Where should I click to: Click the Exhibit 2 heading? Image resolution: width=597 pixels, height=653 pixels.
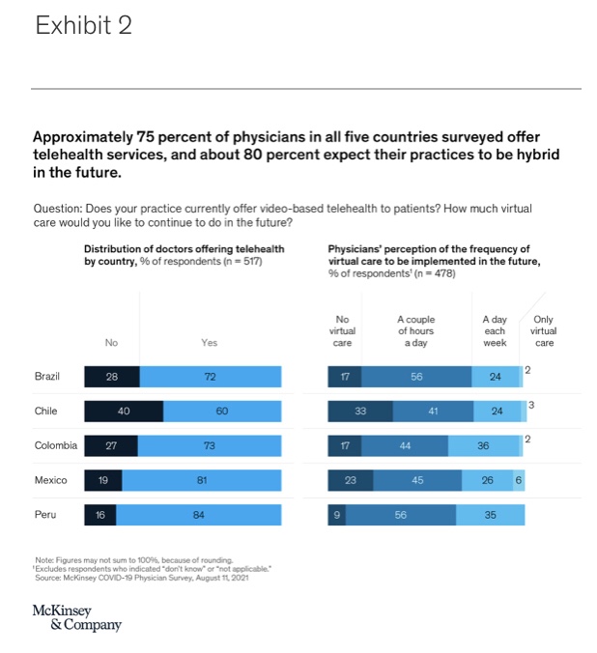(83, 26)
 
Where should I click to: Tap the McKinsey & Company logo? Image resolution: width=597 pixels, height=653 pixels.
(77, 617)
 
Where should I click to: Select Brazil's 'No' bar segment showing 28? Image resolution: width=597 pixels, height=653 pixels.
(111, 377)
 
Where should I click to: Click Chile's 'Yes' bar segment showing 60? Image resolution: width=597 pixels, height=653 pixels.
(222, 412)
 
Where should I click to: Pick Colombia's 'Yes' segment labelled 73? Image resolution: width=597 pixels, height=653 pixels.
(210, 446)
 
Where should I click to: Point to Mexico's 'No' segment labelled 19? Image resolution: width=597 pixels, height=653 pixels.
(102, 480)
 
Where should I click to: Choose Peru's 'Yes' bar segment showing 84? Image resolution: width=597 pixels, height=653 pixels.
(199, 515)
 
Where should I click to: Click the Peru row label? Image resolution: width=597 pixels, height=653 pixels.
(45, 515)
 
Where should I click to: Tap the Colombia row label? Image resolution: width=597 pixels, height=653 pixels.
(54, 445)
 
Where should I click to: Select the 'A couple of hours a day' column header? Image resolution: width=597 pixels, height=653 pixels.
(416, 330)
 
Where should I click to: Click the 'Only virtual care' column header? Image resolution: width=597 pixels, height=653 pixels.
(544, 330)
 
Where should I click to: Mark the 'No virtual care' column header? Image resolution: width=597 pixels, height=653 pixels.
(342, 330)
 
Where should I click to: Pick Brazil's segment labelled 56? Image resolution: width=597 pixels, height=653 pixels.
(416, 377)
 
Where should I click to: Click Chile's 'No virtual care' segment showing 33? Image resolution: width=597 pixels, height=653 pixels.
(360, 412)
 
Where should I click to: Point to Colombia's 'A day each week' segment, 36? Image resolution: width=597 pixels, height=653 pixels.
(483, 446)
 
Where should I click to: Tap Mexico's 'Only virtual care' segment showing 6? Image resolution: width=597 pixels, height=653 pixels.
(519, 480)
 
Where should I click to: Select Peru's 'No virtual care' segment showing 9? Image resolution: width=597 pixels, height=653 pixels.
(337, 515)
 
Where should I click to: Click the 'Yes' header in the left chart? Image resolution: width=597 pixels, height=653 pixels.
(210, 342)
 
